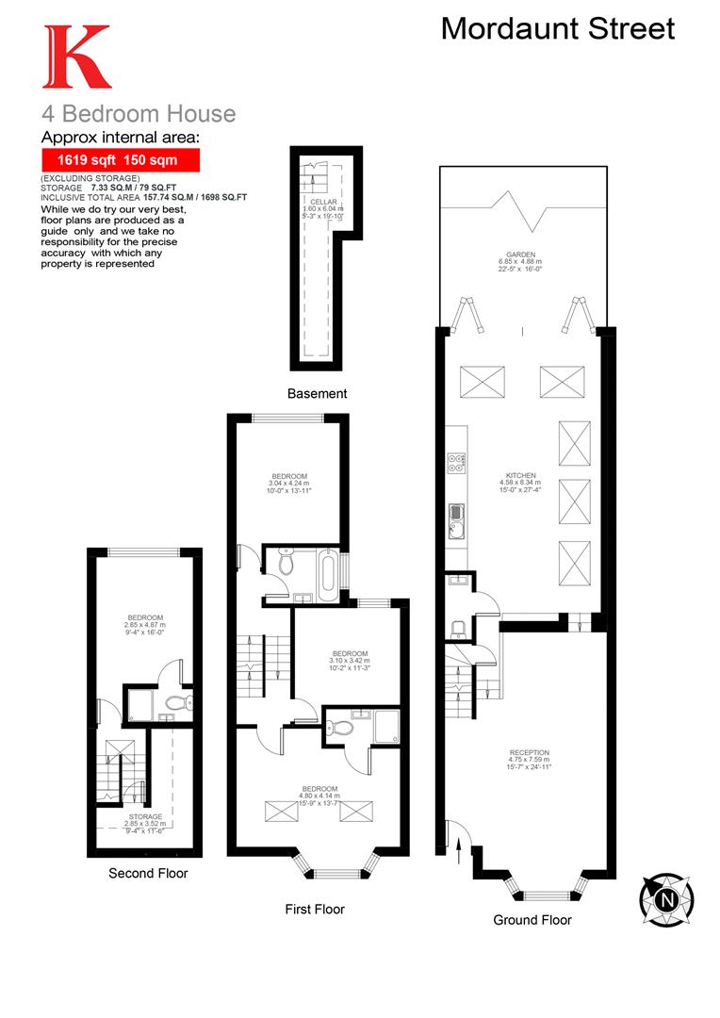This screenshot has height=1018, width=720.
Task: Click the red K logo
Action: (x=76, y=57)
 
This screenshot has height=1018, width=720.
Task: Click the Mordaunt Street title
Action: (x=558, y=28)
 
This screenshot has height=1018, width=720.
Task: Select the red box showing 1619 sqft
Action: (x=121, y=160)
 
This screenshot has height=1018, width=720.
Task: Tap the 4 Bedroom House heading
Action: (x=138, y=114)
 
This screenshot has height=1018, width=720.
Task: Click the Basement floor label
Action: (x=318, y=393)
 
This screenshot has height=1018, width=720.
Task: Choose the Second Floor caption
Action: (x=148, y=873)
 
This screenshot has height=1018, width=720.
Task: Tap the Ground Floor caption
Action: (x=532, y=919)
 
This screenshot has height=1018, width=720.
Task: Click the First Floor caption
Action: (x=315, y=909)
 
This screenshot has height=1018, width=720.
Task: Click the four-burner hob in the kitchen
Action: (x=455, y=463)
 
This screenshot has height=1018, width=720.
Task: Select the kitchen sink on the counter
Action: (x=455, y=515)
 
